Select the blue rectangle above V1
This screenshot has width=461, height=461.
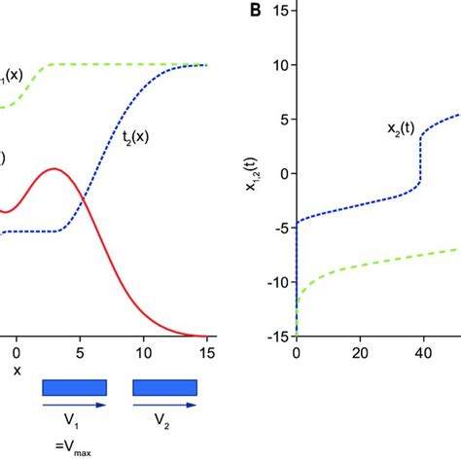tap(74, 388)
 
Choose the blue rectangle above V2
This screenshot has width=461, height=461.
tap(165, 388)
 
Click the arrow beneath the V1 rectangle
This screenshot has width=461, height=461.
tap(74, 406)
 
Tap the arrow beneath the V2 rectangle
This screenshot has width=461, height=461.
tap(165, 406)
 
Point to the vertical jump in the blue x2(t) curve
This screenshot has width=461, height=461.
tap(421, 160)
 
